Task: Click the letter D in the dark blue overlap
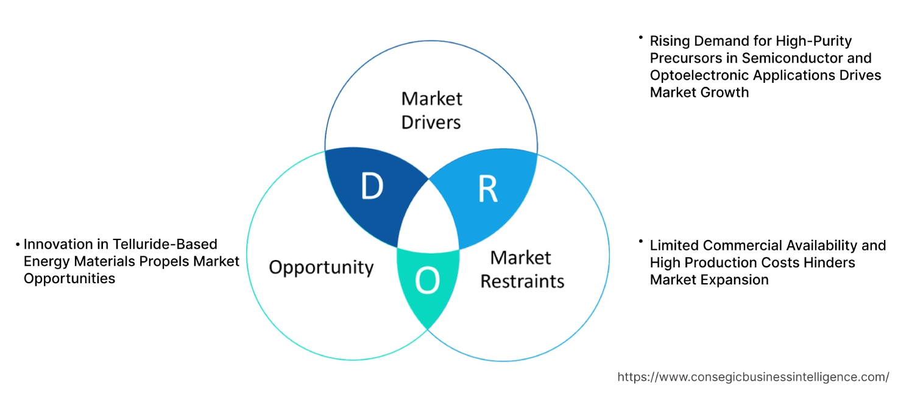(x=372, y=187)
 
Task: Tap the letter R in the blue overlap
(x=487, y=189)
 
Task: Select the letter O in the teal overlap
(x=426, y=280)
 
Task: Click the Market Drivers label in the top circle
(x=431, y=110)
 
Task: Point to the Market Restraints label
(x=522, y=269)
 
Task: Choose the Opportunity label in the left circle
(x=321, y=267)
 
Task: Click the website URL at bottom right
(x=753, y=377)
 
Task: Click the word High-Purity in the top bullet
(x=813, y=41)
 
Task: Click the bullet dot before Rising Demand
(x=640, y=38)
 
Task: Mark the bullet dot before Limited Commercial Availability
(x=640, y=242)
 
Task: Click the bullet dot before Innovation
(x=18, y=245)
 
